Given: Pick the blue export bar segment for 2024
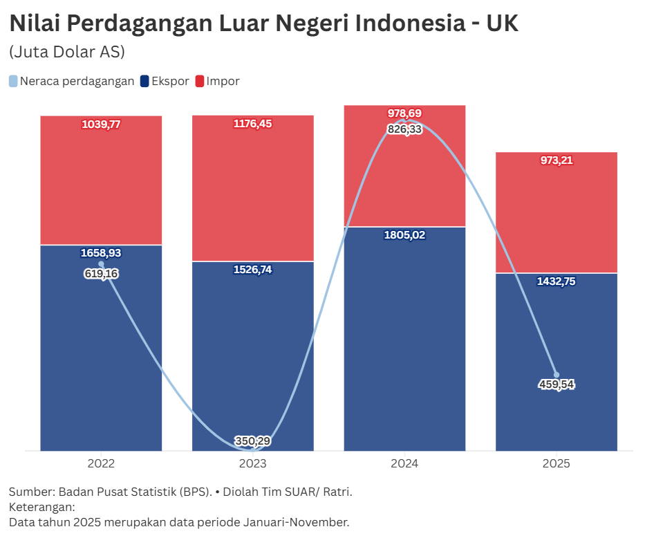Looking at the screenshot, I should pyautogui.click(x=404, y=339).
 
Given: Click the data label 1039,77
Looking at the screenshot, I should pyautogui.click(x=101, y=124).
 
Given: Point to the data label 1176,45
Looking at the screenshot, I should pyautogui.click(x=253, y=124).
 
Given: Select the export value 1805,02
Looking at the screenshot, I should pyautogui.click(x=404, y=235).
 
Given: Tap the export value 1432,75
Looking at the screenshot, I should pyautogui.click(x=557, y=281).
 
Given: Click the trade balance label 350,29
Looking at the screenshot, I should pyautogui.click(x=253, y=441).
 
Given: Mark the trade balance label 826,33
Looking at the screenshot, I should pyautogui.click(x=404, y=129).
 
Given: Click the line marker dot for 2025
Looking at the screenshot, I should pyautogui.click(x=557, y=375).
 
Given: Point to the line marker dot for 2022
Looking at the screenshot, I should pyautogui.click(x=101, y=263).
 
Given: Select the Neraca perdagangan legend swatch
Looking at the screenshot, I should pyautogui.click(x=14, y=82).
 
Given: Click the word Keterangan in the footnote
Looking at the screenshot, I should pyautogui.click(x=41, y=507).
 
